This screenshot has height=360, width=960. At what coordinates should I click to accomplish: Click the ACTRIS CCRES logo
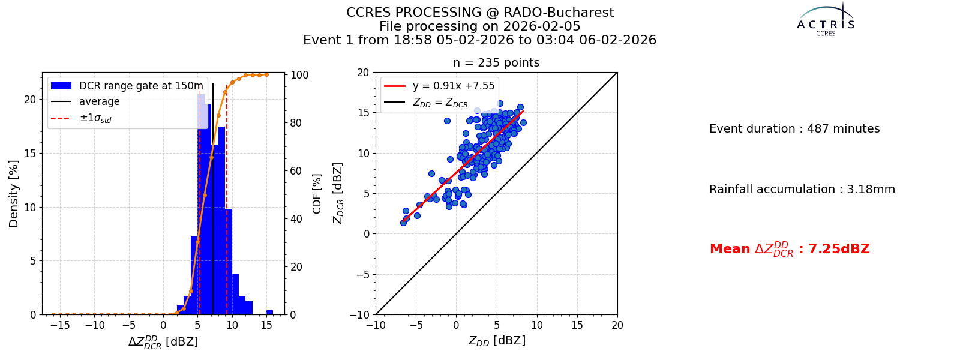point(826,20)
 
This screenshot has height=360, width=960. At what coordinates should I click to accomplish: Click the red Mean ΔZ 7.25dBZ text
point(790,249)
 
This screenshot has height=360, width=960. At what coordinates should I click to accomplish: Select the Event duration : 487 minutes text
point(794,128)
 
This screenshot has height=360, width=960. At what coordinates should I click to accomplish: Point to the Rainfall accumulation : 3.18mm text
point(802,189)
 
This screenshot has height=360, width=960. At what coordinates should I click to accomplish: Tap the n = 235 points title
point(496,62)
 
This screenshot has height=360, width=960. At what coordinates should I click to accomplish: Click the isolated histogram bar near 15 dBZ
point(269,313)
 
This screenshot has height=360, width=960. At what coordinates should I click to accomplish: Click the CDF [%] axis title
point(317,194)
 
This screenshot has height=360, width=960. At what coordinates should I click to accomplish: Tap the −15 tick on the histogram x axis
point(60,325)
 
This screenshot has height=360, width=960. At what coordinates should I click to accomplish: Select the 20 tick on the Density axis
point(31,100)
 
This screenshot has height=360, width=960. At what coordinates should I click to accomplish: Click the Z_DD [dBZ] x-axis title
point(497,341)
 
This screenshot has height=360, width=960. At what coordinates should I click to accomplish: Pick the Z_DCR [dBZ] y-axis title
point(338,193)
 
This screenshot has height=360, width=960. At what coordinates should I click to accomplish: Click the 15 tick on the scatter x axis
point(577,325)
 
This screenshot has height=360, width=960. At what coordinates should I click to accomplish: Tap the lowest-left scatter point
point(403,223)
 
